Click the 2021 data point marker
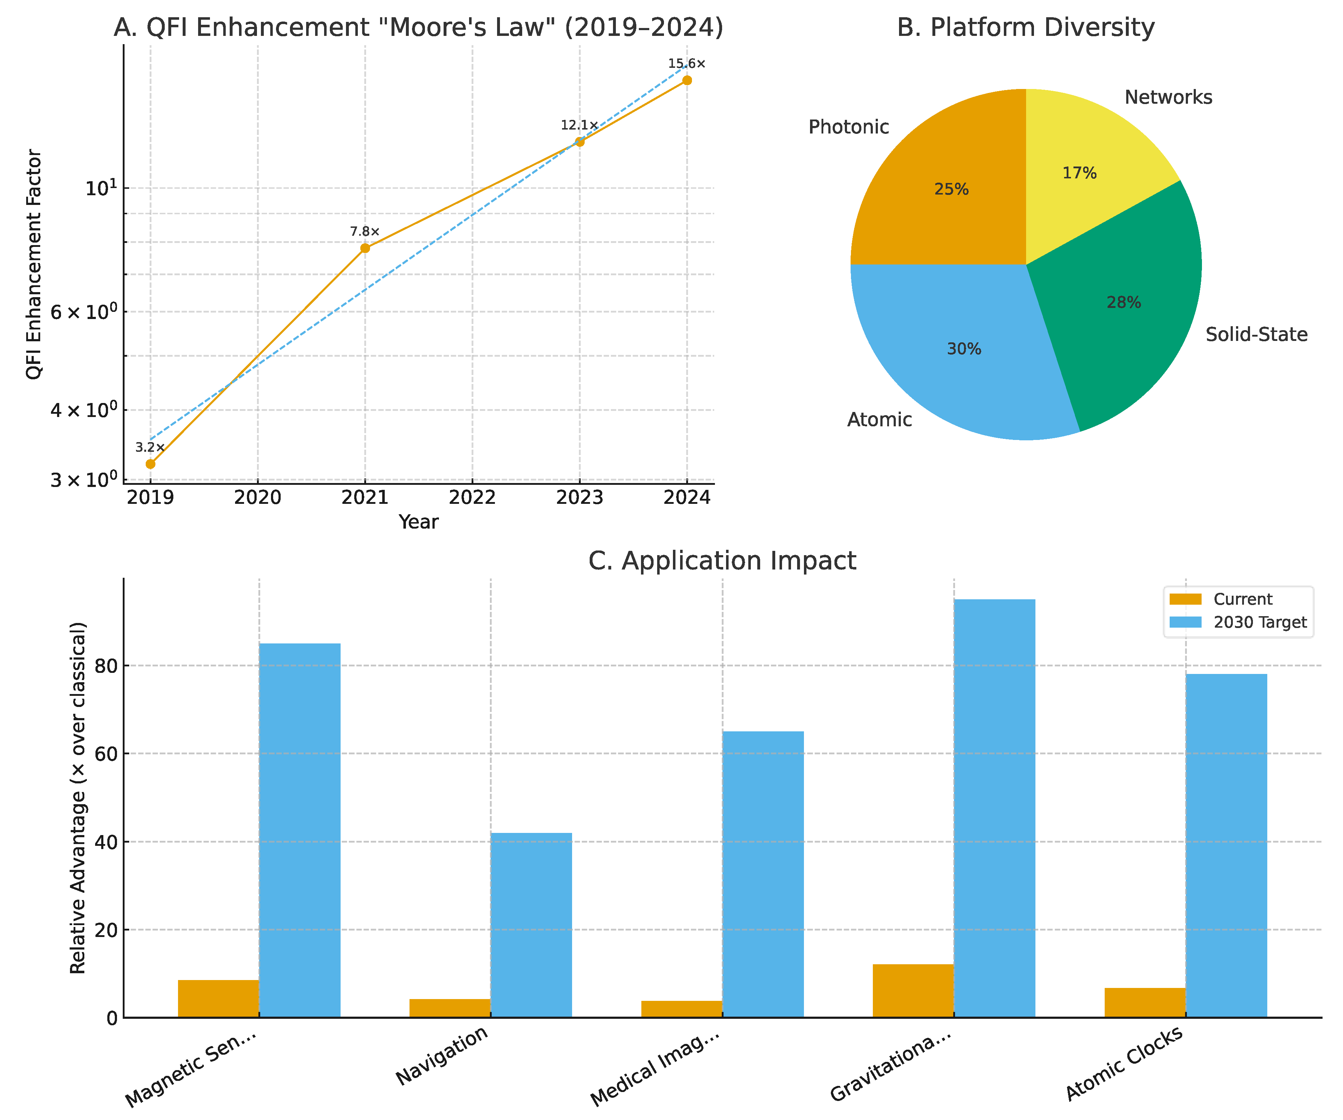tap(365, 248)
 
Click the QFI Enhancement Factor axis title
tap(33, 264)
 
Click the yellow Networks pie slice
tap(1081, 160)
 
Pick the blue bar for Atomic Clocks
tap(1226, 844)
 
